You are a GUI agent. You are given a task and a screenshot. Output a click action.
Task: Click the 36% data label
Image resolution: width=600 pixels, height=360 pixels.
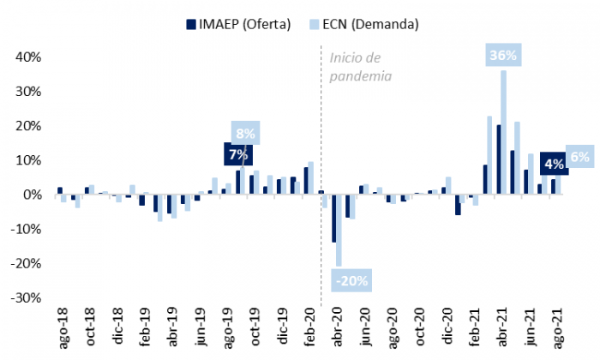pos(502,56)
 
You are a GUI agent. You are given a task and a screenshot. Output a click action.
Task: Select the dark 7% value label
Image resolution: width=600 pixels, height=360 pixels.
pos(237,155)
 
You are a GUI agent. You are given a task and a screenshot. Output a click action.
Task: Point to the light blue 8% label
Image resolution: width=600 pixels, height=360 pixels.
pos(245,134)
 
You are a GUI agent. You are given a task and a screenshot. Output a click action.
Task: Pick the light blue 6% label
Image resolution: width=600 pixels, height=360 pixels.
pos(579,157)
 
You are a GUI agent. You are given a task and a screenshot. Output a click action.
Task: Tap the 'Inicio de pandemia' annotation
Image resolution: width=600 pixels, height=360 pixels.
pos(361,67)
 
